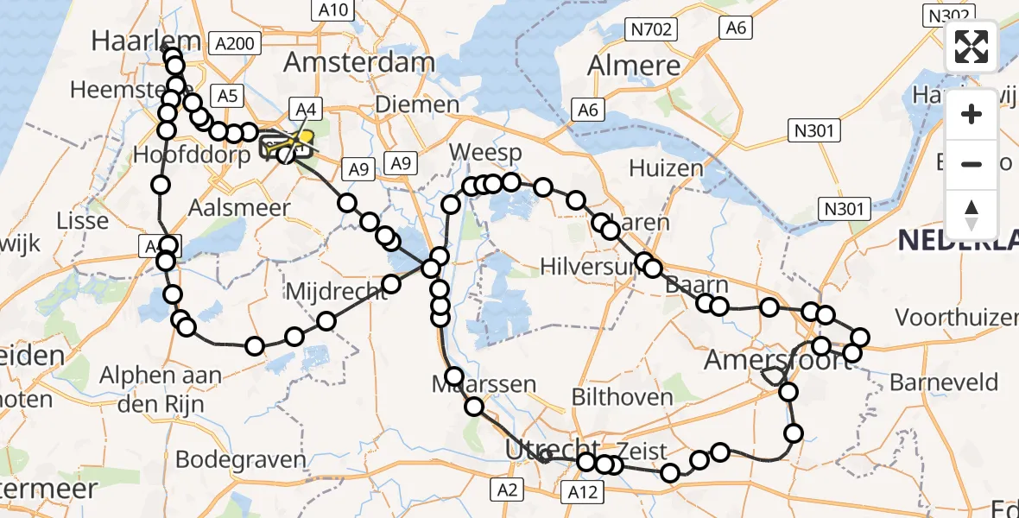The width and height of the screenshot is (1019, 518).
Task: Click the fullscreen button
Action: pyautogui.click(x=972, y=47)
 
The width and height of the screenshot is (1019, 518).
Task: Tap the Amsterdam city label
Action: pyautogui.click(x=358, y=61)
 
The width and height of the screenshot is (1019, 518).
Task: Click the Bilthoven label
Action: pyautogui.click(x=622, y=397)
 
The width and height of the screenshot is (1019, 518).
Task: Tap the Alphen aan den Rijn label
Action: pyautogui.click(x=161, y=388)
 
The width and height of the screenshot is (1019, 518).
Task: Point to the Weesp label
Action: pyautogui.click(x=484, y=153)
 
